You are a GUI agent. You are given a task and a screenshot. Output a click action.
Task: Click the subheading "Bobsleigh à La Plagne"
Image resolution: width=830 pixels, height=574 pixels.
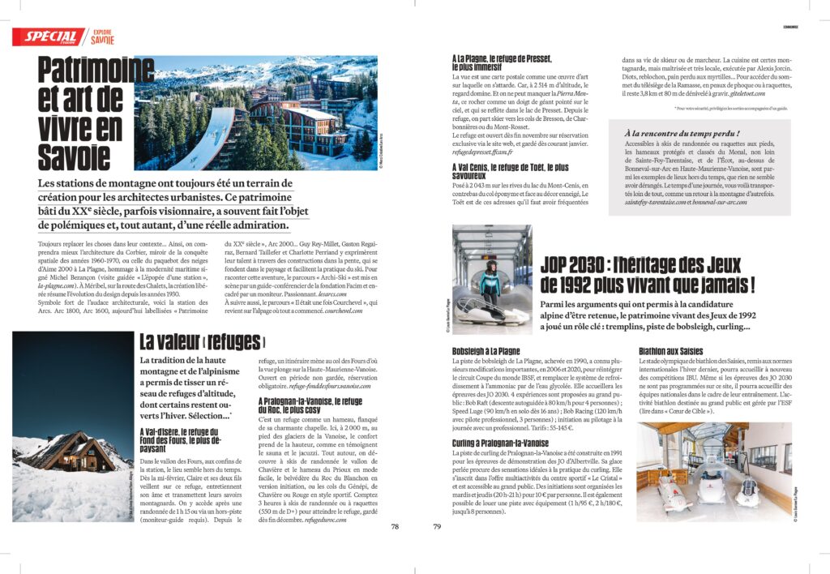click(486, 350)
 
